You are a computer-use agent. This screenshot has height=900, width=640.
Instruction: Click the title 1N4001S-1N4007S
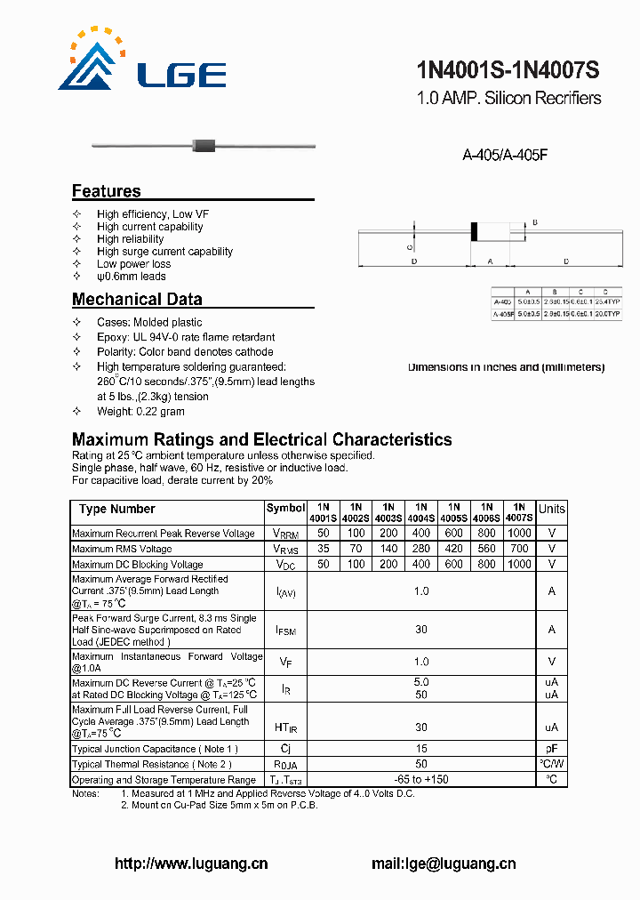tap(508, 70)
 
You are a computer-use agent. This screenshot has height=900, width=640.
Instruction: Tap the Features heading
tap(106, 191)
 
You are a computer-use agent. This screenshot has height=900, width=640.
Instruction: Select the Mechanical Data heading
tap(137, 300)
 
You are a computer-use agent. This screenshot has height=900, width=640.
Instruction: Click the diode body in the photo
tap(205, 144)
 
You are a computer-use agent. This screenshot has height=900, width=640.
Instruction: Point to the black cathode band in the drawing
tap(475, 230)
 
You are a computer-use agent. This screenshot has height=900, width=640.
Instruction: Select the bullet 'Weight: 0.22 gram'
tap(140, 412)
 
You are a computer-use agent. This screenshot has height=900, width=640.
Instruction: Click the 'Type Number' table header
tap(116, 509)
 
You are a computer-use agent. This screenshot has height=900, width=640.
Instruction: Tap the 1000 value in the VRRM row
tap(519, 534)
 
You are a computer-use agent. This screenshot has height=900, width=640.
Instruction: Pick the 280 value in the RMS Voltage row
tap(421, 549)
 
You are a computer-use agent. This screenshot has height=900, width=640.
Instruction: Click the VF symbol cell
tap(285, 662)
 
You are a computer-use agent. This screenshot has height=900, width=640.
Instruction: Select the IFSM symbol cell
tap(285, 630)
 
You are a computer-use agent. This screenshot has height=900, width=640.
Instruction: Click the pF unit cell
tap(551, 749)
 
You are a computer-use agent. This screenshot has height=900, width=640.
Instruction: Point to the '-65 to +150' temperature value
tap(421, 779)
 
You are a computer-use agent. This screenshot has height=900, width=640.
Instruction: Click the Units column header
tap(551, 509)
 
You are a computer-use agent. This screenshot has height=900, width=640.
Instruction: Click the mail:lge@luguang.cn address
tap(443, 863)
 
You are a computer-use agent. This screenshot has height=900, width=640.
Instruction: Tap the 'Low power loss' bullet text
tap(133, 264)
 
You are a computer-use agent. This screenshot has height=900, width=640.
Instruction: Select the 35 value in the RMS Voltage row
tap(323, 549)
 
